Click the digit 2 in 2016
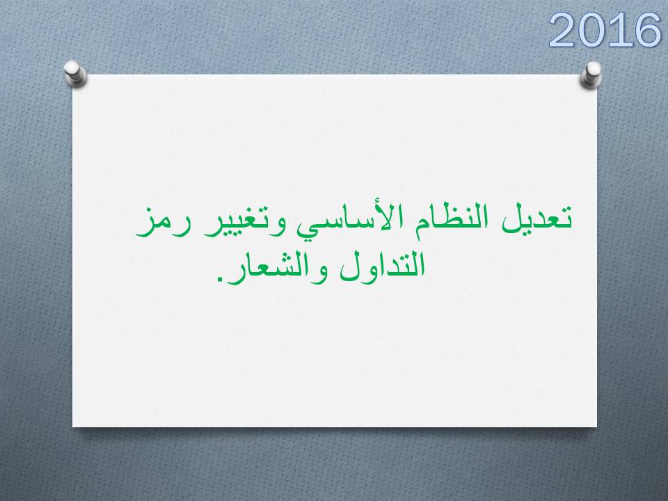pos(562,30)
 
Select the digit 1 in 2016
pos(617,30)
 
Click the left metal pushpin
pos(75,73)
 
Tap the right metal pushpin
pos(591,74)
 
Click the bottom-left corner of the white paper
pos(72,427)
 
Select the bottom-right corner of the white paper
pos(597,427)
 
